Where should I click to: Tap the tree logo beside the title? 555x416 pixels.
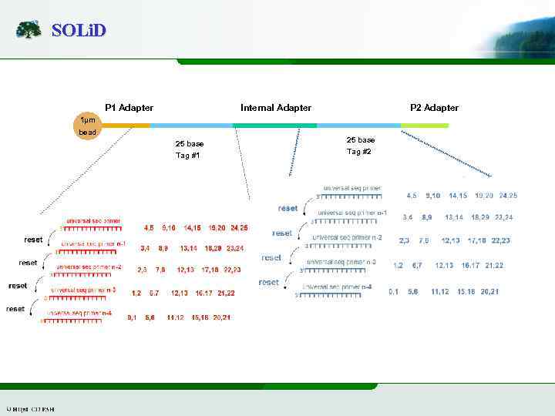coord(29,30)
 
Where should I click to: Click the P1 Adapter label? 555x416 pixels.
coord(129,108)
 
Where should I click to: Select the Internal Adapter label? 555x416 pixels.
coord(276,108)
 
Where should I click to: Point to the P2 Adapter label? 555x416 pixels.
coord(434,108)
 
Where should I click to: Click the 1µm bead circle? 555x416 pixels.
coord(88,126)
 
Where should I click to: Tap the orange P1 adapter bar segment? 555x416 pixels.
coord(126,125)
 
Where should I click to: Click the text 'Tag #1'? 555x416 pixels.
coord(188,156)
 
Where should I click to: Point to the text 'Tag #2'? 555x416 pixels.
coord(359,152)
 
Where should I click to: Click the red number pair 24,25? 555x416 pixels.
coord(238,228)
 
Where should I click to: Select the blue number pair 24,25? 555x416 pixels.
coord(508,196)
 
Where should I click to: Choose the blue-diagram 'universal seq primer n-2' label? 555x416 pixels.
coord(347,237)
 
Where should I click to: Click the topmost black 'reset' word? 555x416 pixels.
coord(33,240)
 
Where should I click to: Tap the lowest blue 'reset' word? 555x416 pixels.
coord(269,283)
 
